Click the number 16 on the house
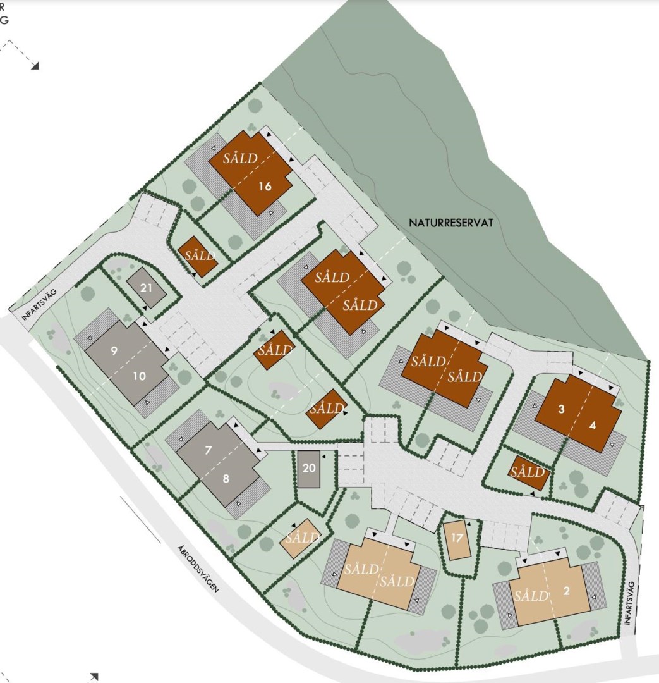click(265, 186)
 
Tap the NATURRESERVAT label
click(450, 223)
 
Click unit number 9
click(114, 351)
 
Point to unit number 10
click(140, 376)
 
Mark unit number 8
click(226, 479)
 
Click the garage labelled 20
click(309, 469)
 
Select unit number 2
click(566, 591)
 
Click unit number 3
click(561, 409)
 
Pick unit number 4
click(592, 426)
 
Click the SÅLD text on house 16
click(240, 158)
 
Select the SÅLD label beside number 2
click(531, 596)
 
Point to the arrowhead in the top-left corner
click(36, 65)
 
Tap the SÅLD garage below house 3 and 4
click(528, 472)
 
